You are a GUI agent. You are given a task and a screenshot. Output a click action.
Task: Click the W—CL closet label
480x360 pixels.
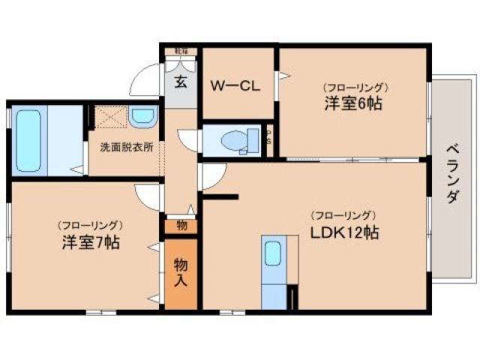(234, 85)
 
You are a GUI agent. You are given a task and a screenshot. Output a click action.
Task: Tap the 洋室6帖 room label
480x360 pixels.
(354, 104)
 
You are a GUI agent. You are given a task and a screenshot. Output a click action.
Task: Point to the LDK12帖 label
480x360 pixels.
(344, 232)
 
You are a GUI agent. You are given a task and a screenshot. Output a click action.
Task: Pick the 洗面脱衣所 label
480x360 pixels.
(126, 147)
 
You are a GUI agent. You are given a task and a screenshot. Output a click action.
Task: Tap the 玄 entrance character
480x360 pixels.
(181, 82)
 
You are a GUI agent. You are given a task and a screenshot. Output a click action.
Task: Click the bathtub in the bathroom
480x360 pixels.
(31, 140)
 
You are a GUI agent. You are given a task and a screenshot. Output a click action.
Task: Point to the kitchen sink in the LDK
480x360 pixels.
(273, 254)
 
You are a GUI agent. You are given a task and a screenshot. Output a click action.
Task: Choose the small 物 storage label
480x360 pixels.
(181, 224)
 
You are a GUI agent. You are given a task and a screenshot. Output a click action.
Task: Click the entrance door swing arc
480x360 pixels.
(142, 81)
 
